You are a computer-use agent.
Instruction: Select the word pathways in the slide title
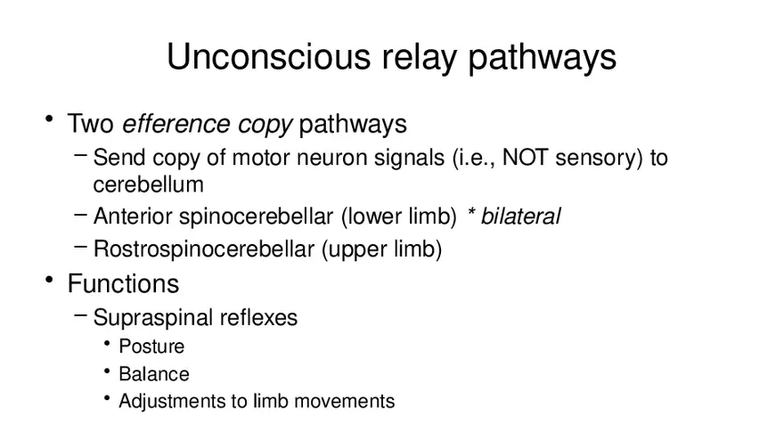543,58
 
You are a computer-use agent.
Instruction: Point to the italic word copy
265,124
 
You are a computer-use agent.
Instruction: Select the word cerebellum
148,184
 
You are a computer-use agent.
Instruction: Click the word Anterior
133,216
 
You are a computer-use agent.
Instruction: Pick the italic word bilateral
520,216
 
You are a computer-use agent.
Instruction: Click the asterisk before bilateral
471,215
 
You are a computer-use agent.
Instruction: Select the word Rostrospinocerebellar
204,249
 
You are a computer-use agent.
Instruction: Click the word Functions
123,284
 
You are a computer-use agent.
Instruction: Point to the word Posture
151,346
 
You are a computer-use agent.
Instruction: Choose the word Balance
154,373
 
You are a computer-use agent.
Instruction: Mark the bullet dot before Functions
50,282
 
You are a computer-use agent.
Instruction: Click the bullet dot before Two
50,122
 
